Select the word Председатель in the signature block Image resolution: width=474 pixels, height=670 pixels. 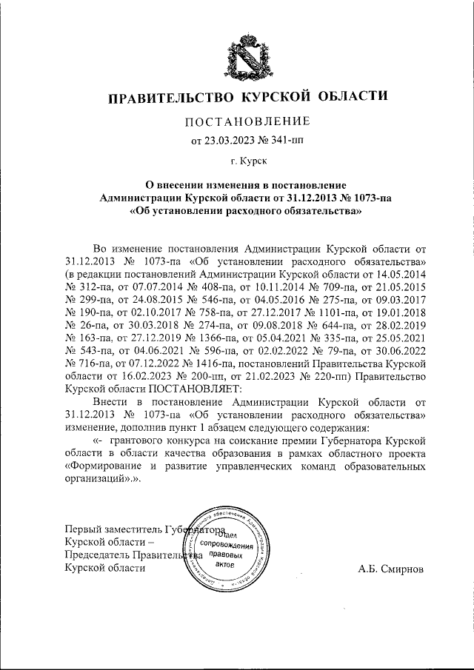99,555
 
